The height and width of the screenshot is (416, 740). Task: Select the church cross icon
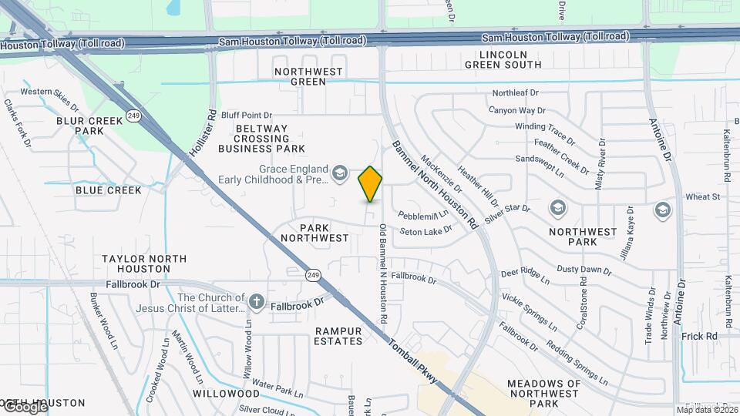[257, 300]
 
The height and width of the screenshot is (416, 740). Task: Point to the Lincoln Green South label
[503, 59]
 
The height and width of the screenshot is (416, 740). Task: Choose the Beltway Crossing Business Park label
[261, 139]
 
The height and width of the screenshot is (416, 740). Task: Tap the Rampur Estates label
[338, 336]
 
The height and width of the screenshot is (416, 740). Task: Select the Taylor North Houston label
[136, 263]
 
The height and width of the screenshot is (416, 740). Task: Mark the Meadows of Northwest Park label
[544, 393]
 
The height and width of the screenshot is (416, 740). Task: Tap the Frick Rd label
[699, 337]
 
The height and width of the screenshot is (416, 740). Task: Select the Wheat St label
[702, 197]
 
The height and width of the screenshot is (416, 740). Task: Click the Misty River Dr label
[600, 163]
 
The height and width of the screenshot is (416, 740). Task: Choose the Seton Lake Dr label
[426, 230]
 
